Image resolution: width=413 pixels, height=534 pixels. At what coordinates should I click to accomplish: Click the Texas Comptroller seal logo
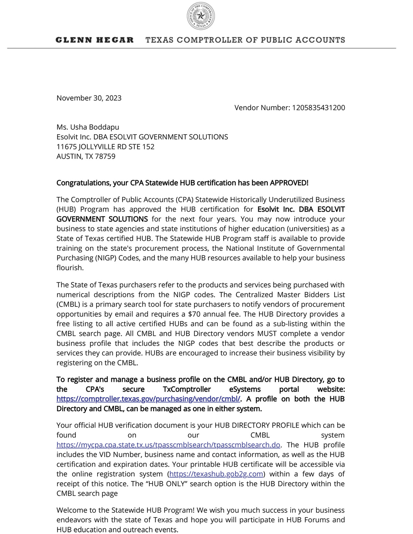[x=201, y=16]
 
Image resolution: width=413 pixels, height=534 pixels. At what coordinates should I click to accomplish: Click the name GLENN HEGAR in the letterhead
[x=94, y=40]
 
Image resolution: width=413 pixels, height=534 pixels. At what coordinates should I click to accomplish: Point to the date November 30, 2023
[x=89, y=98]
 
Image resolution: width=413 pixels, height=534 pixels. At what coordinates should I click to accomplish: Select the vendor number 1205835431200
[x=318, y=108]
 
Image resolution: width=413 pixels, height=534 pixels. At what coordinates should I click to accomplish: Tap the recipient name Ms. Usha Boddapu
[x=88, y=127]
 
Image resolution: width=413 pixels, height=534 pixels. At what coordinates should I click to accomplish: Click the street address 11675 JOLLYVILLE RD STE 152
[x=105, y=147]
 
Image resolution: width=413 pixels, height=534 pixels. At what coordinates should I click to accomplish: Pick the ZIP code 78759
[x=105, y=156]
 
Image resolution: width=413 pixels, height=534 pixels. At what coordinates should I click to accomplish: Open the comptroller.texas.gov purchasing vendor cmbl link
[x=148, y=399]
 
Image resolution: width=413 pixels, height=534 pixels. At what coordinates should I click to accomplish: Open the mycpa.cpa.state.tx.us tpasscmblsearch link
[x=168, y=445]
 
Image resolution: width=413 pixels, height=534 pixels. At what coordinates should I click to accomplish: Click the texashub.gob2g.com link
[x=216, y=474]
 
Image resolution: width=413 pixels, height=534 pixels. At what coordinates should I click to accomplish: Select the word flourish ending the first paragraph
[x=69, y=268]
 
